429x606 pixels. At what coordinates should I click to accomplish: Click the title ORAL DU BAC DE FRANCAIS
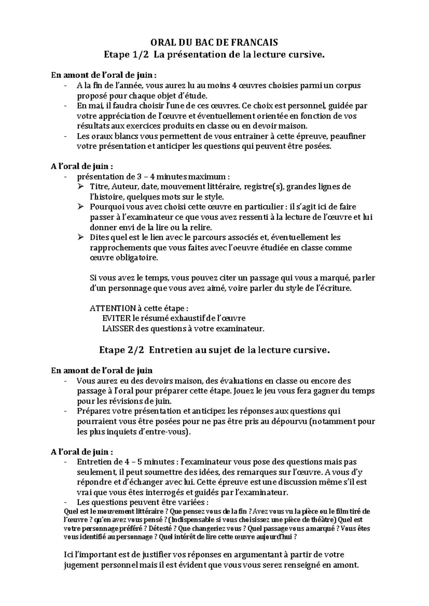pos(214,43)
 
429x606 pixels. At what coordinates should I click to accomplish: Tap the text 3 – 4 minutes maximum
pos(182,177)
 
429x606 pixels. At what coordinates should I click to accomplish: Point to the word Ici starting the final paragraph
pos(67,555)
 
